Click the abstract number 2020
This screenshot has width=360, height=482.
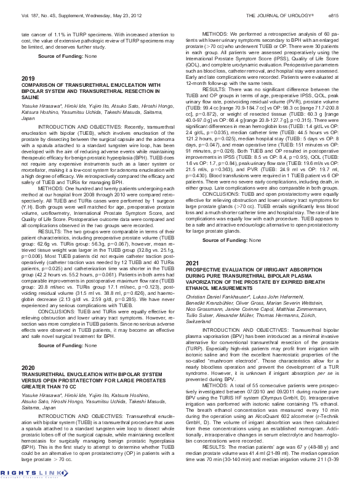[x=28, y=367]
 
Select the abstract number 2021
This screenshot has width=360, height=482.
[x=192, y=263]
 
